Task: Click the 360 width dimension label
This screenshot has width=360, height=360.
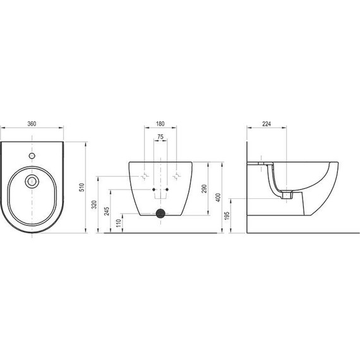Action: click(x=32, y=124)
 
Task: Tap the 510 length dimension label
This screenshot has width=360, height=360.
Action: click(x=83, y=188)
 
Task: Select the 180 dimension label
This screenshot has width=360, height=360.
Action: click(x=160, y=124)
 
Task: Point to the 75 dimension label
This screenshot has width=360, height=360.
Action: click(x=160, y=137)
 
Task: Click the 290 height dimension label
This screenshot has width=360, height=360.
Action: click(x=205, y=189)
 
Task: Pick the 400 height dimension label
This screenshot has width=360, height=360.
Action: click(x=218, y=198)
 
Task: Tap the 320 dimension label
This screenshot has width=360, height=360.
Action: click(x=94, y=205)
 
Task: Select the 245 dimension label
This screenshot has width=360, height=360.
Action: click(x=107, y=211)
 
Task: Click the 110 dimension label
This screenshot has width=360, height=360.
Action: click(x=119, y=223)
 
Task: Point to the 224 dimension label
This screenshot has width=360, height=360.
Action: click(x=267, y=124)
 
